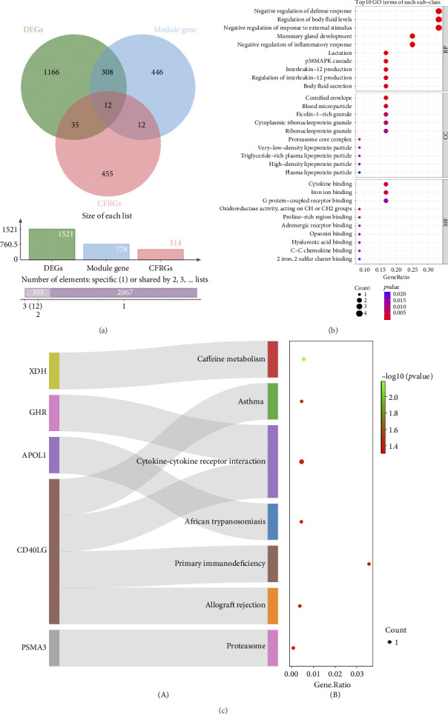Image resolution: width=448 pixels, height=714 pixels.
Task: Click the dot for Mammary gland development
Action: point(412,36)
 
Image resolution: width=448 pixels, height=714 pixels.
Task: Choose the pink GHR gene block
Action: point(54,413)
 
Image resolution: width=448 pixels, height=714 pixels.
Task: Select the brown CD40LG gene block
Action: point(54,551)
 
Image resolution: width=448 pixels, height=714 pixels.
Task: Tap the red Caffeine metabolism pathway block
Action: point(272,359)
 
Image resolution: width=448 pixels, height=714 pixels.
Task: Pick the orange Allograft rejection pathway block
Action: point(272,606)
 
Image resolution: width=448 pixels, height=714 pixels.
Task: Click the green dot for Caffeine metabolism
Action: point(304,359)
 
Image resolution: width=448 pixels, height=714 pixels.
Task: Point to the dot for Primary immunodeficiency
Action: point(369,564)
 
